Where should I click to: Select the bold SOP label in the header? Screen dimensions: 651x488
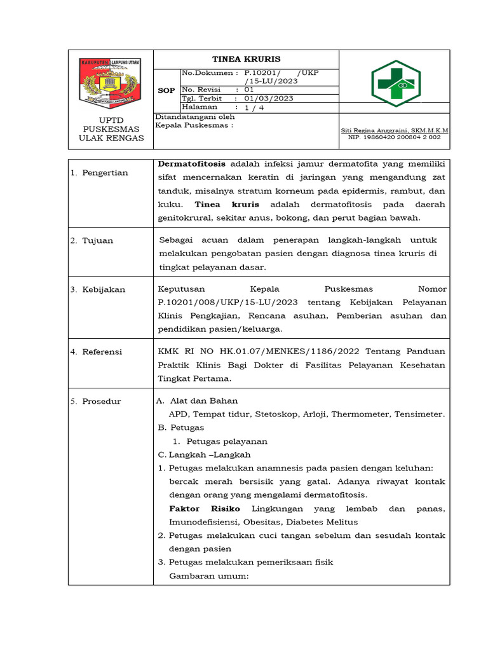166,91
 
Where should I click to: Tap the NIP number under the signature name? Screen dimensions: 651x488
394,137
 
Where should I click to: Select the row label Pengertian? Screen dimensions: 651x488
105,172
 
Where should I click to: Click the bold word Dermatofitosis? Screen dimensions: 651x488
192,163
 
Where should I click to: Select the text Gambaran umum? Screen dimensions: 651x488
208,576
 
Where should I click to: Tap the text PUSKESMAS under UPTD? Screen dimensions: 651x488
110,129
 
